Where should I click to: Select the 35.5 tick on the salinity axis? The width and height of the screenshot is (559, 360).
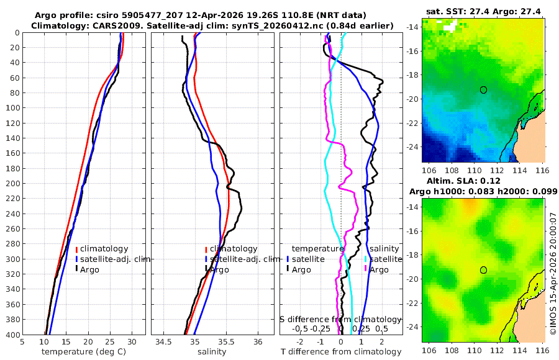226,341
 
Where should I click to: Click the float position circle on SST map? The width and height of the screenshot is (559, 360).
483,89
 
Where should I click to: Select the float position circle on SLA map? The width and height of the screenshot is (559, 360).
483,269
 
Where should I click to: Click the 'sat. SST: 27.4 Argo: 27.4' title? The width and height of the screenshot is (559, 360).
483,12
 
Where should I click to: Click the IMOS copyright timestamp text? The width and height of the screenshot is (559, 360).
552,273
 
